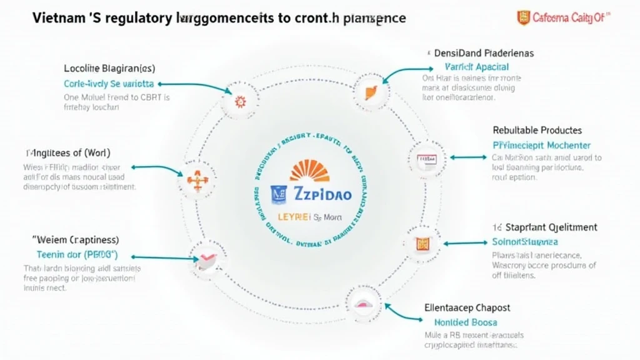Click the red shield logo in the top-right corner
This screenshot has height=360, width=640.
[523, 18]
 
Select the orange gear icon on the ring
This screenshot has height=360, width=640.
[239, 100]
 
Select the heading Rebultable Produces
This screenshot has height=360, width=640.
[537, 131]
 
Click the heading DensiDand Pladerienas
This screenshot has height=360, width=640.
[484, 54]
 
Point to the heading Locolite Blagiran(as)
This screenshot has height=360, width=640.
[109, 68]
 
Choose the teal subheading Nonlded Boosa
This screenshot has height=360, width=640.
[466, 322]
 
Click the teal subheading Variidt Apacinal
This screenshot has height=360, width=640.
[476, 67]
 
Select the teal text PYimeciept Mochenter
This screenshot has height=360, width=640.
[537, 145]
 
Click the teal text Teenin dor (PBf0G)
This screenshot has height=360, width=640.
[77, 255]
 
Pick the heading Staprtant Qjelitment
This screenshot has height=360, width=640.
[543, 227]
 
